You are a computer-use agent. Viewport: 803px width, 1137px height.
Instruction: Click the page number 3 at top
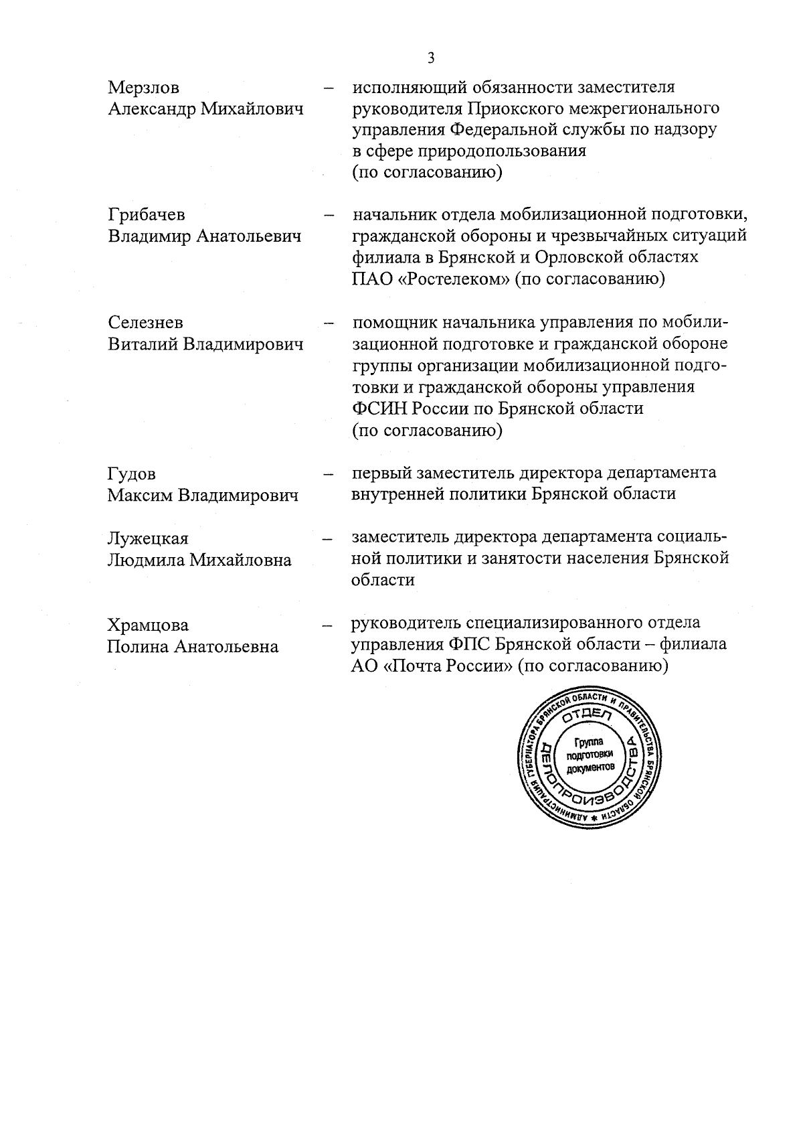(x=431, y=58)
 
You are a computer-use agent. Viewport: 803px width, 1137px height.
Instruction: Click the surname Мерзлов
(x=143, y=88)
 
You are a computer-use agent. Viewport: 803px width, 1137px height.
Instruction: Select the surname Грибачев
(x=147, y=215)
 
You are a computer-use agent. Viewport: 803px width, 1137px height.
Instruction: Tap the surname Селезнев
(x=145, y=323)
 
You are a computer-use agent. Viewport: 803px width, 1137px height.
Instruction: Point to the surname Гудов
(x=132, y=474)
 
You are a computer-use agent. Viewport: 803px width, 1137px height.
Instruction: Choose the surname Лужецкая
(x=148, y=539)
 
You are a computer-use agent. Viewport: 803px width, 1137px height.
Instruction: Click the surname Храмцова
(x=148, y=625)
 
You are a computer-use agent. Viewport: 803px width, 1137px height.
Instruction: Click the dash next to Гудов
(x=328, y=475)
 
